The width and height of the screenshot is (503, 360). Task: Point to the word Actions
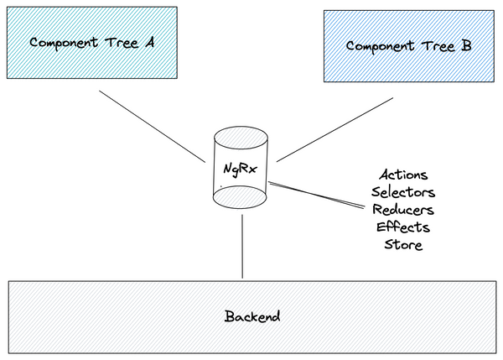coord(403,175)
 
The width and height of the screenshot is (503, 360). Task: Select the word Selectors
coord(403,192)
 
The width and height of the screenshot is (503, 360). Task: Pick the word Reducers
coord(403,210)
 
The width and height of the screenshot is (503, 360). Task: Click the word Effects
coord(403,227)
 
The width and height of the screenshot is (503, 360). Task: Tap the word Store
coord(403,245)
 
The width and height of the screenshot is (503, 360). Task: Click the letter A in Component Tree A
coord(148,42)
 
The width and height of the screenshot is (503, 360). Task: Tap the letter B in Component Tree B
coord(465,46)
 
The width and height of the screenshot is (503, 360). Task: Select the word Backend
coord(251,317)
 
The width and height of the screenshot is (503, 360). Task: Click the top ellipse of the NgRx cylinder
coord(241,137)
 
